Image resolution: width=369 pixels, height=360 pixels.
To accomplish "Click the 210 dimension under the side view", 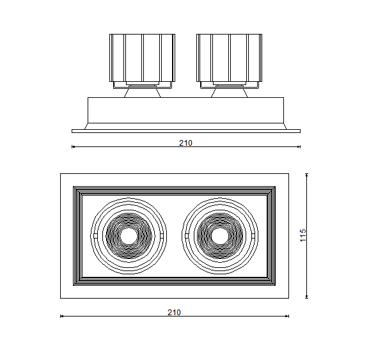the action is click(x=185, y=143).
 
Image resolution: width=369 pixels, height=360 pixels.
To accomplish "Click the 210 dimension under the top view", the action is click(x=174, y=312).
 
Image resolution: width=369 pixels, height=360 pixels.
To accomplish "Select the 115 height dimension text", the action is click(x=303, y=235).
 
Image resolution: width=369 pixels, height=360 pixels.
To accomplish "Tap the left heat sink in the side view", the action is click(x=142, y=58).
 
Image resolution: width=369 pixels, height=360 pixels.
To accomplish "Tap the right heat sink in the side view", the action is click(x=229, y=58).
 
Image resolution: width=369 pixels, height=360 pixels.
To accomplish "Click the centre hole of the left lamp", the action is click(x=129, y=236).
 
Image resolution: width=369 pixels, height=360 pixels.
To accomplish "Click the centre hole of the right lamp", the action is click(x=220, y=236).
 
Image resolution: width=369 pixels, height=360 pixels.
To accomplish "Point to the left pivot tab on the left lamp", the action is click(x=95, y=236).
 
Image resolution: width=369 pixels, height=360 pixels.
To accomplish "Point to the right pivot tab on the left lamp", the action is click(x=161, y=236).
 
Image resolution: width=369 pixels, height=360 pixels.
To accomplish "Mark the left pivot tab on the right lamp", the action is click(x=187, y=236).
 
